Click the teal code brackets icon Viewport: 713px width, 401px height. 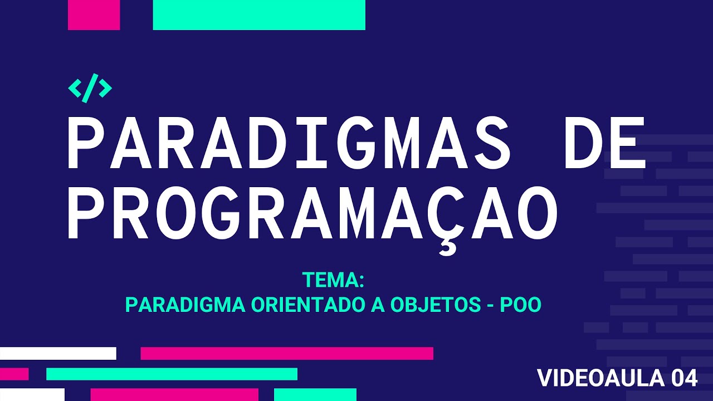(x=90, y=87)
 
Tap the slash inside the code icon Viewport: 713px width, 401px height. (x=90, y=87)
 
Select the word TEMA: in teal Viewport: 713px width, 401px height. (x=333, y=280)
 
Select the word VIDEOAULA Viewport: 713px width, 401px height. (x=600, y=378)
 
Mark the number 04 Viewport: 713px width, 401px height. (x=685, y=378)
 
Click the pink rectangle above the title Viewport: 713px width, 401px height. (x=94, y=15)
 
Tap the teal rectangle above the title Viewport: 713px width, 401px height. (x=259, y=15)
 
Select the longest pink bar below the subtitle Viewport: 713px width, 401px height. (x=287, y=353)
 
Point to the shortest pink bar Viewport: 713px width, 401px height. (x=14, y=374)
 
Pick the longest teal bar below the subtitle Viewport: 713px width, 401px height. (x=172, y=374)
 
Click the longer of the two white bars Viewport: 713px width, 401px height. (x=58, y=353)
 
